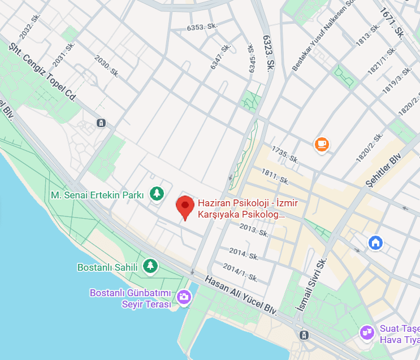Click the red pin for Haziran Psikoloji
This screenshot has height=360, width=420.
[184, 207]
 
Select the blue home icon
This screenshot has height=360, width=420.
[375, 243]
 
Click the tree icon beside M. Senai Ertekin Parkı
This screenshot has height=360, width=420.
[157, 194]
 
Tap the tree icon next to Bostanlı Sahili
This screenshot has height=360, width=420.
[149, 266]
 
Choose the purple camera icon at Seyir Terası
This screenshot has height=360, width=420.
[184, 296]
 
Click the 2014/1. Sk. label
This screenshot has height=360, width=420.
[241, 273]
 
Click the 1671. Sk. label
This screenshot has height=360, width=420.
[392, 23]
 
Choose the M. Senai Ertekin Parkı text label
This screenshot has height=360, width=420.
[97, 195]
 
